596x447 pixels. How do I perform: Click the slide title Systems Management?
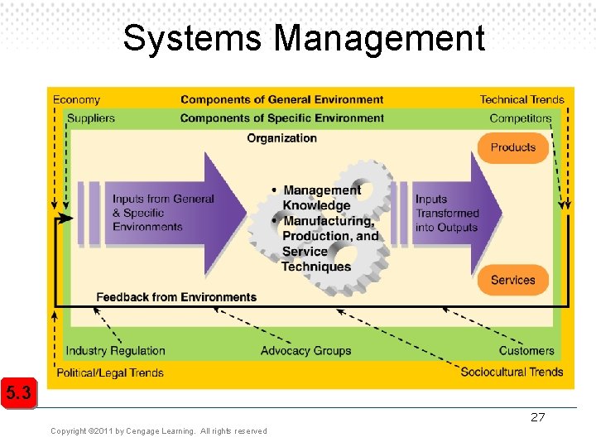pos(304,38)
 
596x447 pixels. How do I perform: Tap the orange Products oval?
pos(513,148)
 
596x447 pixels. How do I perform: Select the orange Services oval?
pos(513,281)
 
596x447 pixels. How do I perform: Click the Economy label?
pos(76,100)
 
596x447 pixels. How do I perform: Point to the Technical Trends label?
pos(521,100)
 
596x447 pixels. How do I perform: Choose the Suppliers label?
pos(90,118)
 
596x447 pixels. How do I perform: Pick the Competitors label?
pos(520,118)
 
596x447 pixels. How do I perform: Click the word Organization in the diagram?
pos(281,138)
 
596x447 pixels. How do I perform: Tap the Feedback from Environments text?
pos(176,297)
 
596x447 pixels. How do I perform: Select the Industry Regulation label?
pos(116,351)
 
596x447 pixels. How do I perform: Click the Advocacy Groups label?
pos(305,351)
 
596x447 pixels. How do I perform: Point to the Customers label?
pos(526,351)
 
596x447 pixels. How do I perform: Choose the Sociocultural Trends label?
pos(512,372)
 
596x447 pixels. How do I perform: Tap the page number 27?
pos(538,417)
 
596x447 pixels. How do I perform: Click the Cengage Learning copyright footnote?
pos(159,431)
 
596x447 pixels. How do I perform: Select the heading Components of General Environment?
pos(282,100)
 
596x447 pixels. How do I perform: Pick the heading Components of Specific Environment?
pos(282,118)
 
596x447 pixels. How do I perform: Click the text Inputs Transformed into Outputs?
pos(446,213)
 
